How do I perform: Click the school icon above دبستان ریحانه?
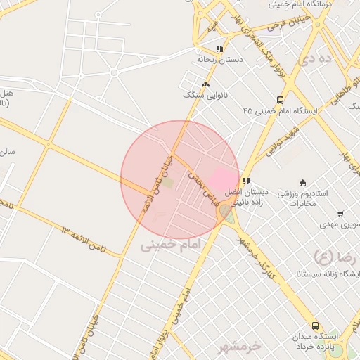click(219, 49)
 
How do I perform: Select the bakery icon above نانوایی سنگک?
click(205, 84)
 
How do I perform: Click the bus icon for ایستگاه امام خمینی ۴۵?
click(281, 101)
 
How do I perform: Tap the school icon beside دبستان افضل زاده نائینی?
click(245, 181)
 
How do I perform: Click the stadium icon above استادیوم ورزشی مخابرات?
click(303, 183)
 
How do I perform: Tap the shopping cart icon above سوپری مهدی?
click(340, 214)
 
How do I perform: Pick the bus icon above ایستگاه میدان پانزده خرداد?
click(314, 326)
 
